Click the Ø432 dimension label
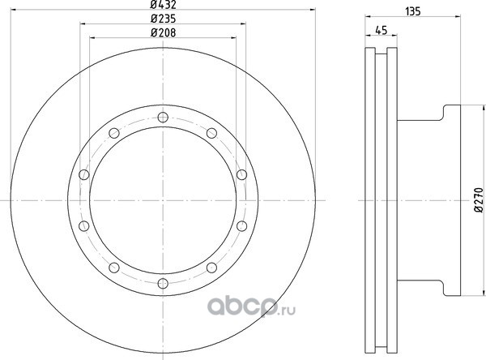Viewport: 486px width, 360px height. [x=163, y=5]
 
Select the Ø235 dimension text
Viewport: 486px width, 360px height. [x=163, y=19]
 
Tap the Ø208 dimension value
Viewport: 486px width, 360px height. [x=163, y=32]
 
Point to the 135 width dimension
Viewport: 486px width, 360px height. [x=413, y=11]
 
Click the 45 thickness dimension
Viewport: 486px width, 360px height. [x=382, y=31]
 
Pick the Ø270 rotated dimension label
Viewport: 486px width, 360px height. [x=480, y=199]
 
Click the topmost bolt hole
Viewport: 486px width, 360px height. [x=163, y=118]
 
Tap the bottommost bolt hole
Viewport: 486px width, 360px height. [x=163, y=283]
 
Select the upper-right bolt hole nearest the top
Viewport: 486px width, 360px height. [x=211, y=133]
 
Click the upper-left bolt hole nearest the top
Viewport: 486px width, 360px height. [x=114, y=133]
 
